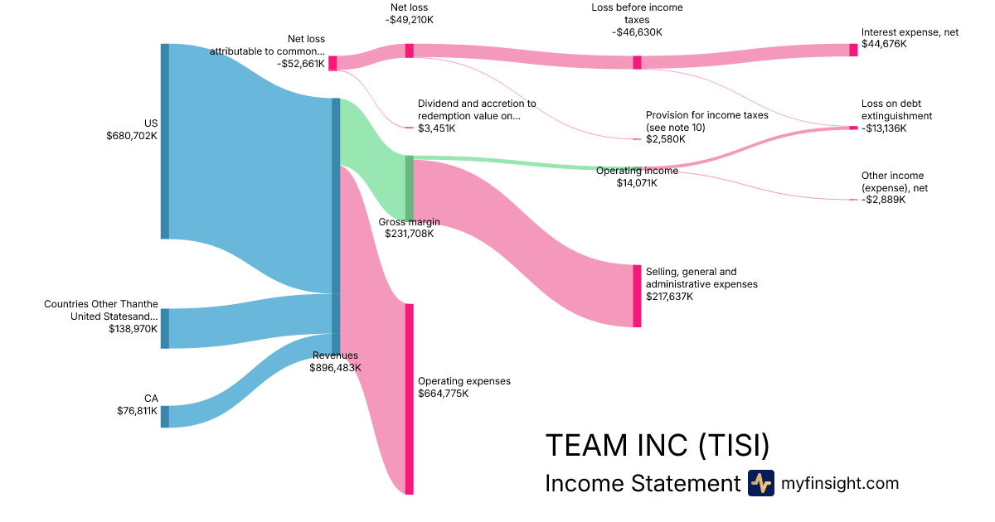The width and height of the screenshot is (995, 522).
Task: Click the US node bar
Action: tap(164, 141)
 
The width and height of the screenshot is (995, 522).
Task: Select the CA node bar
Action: tap(164, 416)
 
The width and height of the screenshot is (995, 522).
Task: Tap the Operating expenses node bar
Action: tap(409, 399)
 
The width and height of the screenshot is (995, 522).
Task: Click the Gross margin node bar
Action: tap(409, 187)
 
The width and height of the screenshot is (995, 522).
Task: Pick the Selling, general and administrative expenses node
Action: tap(637, 296)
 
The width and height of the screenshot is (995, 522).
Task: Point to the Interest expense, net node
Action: tap(853, 50)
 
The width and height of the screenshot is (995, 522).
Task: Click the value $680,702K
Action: tap(132, 135)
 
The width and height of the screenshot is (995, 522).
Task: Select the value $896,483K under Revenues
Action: tap(336, 367)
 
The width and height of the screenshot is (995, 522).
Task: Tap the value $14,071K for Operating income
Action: tap(637, 183)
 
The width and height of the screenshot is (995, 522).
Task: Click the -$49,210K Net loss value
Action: tap(409, 19)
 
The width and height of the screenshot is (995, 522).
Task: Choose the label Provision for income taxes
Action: tap(706, 115)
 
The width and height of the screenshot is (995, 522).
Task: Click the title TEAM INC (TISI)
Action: tap(657, 446)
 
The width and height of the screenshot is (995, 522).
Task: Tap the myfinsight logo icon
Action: tap(760, 483)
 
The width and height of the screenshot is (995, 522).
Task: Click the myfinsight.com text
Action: tap(840, 483)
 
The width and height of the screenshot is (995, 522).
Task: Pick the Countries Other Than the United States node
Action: tap(164, 328)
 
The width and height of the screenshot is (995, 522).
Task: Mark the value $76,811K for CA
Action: tap(137, 410)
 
